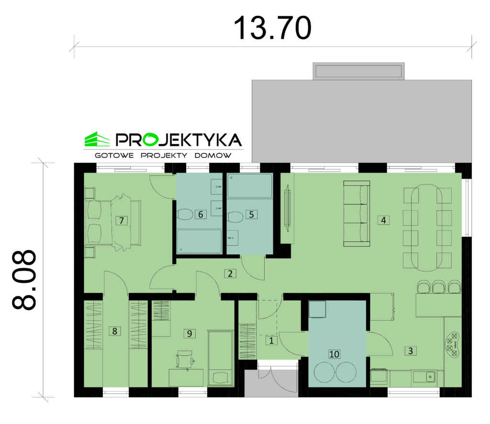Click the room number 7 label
(122, 220)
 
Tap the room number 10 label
(334, 354)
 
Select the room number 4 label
(383, 220)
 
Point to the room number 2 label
(230, 273)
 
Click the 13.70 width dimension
(272, 28)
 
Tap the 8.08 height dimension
(24, 280)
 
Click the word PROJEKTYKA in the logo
(179, 140)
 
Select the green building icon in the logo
(97, 139)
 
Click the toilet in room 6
(185, 215)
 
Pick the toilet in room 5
(235, 217)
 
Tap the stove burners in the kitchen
(452, 344)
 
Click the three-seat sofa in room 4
(356, 214)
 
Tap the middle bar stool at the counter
(439, 287)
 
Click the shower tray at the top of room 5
(250, 186)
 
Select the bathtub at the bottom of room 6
(199, 242)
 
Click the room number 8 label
(115, 331)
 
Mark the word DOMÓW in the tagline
(213, 155)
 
